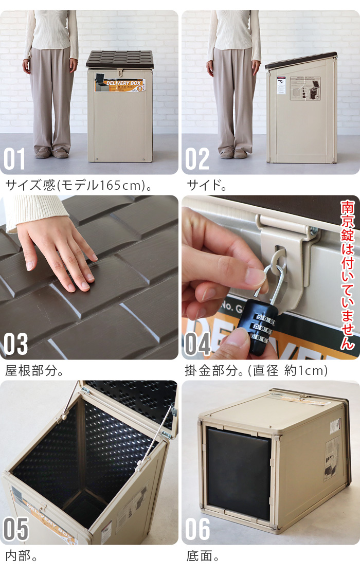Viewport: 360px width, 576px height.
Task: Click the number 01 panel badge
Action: (x=15, y=159)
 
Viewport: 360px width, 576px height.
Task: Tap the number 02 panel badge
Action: (x=197, y=159)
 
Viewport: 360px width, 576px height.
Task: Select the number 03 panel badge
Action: (x=15, y=344)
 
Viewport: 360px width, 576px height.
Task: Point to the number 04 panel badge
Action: (x=197, y=344)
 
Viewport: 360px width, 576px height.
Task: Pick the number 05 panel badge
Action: (x=15, y=530)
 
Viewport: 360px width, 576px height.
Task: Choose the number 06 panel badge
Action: (x=197, y=530)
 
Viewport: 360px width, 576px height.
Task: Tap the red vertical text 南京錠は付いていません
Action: (x=348, y=275)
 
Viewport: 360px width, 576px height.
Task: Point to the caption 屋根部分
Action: (x=34, y=370)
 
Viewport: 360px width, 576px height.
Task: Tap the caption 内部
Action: (x=21, y=556)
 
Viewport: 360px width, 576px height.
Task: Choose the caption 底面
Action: (x=203, y=556)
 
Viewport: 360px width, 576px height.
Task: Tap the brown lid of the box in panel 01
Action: (x=119, y=59)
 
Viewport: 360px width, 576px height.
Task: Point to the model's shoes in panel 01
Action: (x=51, y=152)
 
